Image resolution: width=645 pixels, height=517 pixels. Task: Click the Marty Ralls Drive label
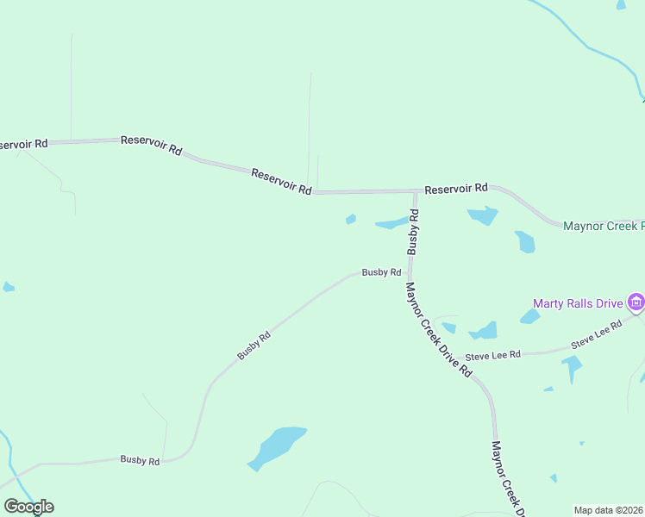[x=577, y=303]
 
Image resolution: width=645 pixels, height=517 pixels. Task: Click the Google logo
[x=28, y=506]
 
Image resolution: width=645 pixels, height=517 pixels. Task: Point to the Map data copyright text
[x=608, y=510]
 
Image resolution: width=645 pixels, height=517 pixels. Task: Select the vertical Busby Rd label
[x=414, y=231]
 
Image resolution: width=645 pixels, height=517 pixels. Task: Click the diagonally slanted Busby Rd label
[x=254, y=346]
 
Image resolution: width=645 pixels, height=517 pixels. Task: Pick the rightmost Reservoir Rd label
[x=456, y=188]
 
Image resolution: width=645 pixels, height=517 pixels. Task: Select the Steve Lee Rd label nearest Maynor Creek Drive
[x=492, y=355]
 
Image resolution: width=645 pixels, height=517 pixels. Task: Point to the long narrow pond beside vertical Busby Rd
[x=391, y=224]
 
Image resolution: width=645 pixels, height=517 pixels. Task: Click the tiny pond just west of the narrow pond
[x=351, y=219]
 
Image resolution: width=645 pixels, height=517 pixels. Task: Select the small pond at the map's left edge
[x=8, y=287]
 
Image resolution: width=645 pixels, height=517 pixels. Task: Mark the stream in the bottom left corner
[x=9, y=452]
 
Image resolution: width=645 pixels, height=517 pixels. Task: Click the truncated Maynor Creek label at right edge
[x=603, y=227]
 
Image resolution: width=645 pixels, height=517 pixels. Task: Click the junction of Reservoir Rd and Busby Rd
[x=415, y=191]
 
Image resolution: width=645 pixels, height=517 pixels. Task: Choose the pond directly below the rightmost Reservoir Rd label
[x=484, y=215]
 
